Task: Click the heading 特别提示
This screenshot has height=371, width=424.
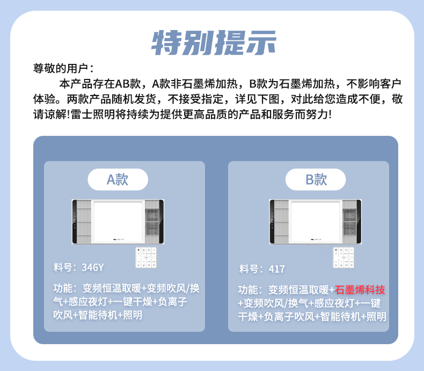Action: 213,42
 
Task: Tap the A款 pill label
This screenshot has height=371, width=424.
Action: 118,179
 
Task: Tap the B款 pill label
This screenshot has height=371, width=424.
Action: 316,179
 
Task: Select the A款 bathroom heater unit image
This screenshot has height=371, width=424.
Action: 118,221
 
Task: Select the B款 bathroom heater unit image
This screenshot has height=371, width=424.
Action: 315,221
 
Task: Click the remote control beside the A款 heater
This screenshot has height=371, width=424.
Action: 146,257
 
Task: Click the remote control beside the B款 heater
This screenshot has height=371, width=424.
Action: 343,257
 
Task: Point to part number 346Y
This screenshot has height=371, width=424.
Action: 93,267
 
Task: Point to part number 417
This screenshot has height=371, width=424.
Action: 277,269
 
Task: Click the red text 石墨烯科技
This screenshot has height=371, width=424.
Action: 360,290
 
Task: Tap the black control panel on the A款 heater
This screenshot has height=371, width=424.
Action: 75,221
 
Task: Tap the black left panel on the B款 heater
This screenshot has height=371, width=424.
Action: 272,221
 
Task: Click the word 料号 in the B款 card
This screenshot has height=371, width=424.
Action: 248,269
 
